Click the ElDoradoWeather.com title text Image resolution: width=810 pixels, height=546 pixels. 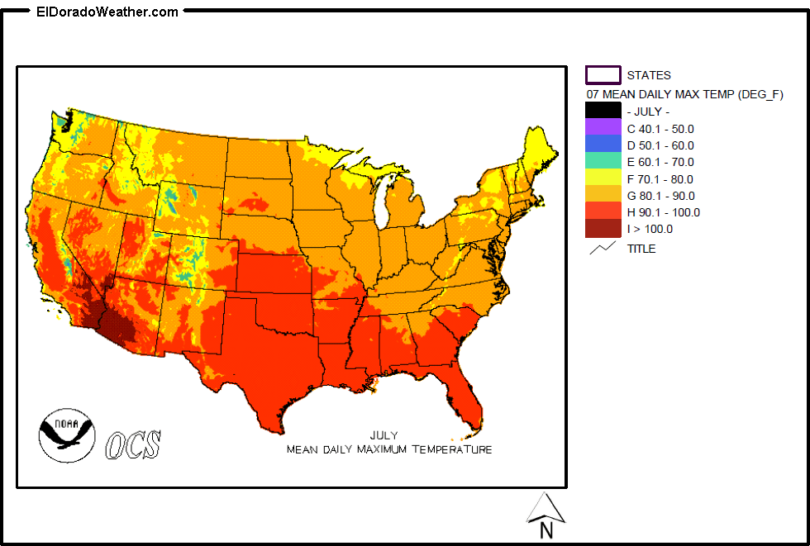pos(107,12)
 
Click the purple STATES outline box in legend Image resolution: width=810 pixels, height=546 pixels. pos(603,75)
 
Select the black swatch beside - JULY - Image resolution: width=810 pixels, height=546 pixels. pos(603,111)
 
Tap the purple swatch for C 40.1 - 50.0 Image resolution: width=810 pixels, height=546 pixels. pos(603,128)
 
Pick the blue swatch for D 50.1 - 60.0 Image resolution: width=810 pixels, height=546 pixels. pos(603,145)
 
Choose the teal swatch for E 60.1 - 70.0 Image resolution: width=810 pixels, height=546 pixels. pos(603,162)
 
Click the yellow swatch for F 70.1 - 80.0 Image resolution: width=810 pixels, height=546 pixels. pos(603,178)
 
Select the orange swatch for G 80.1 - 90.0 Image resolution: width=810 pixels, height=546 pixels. pos(603,196)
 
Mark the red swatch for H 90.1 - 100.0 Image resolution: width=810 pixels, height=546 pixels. pos(603,212)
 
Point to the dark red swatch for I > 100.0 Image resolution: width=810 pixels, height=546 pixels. pos(603,229)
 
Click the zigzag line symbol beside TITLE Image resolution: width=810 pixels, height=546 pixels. pos(603,247)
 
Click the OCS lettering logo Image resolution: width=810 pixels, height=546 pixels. pos(133,444)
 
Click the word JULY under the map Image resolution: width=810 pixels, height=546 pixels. pos(384,435)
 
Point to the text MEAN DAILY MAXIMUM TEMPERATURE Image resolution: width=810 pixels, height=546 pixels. pos(388,449)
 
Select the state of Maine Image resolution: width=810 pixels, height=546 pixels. pos(536,153)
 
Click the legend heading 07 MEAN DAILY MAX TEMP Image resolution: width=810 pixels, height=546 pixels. pos(684,93)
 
